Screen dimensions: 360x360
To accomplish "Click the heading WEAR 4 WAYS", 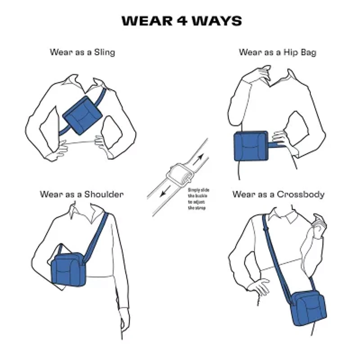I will (181, 21).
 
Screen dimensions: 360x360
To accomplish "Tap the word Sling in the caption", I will (104, 52).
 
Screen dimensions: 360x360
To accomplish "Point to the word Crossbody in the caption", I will (301, 194).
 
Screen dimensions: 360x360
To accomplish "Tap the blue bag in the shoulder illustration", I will (69, 269).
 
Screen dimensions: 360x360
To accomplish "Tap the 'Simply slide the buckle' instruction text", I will (198, 199).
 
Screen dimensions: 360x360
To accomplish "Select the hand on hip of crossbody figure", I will (259, 286).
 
